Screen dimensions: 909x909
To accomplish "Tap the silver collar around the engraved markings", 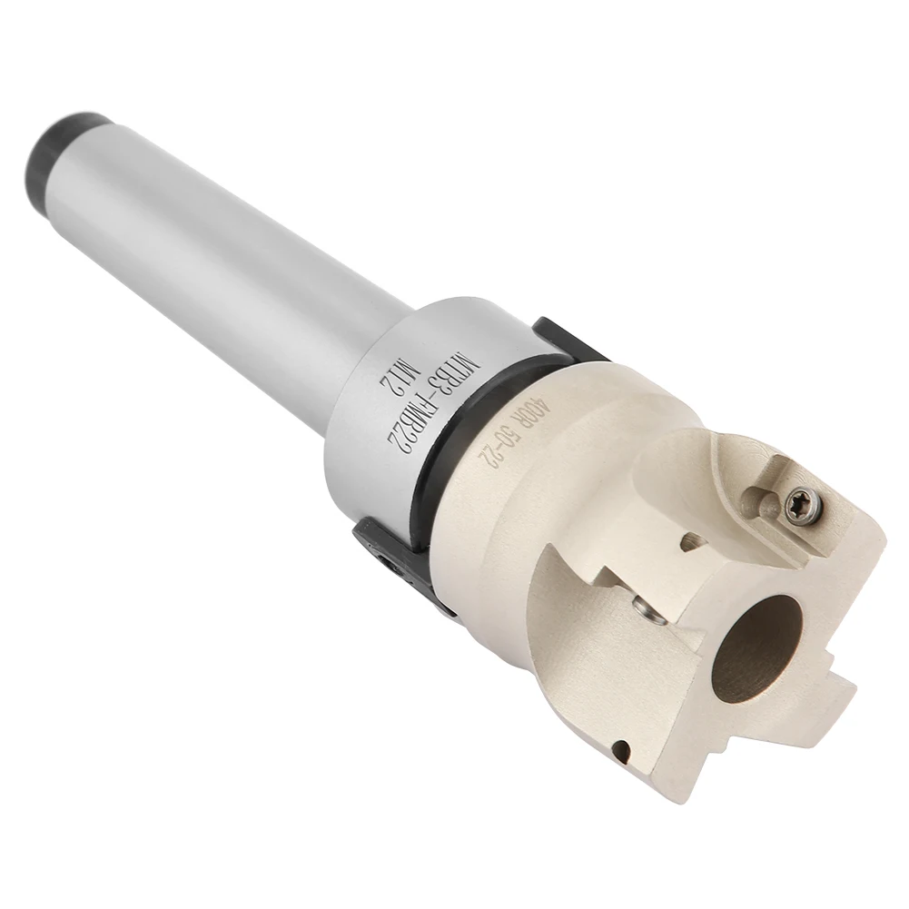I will [409, 427].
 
